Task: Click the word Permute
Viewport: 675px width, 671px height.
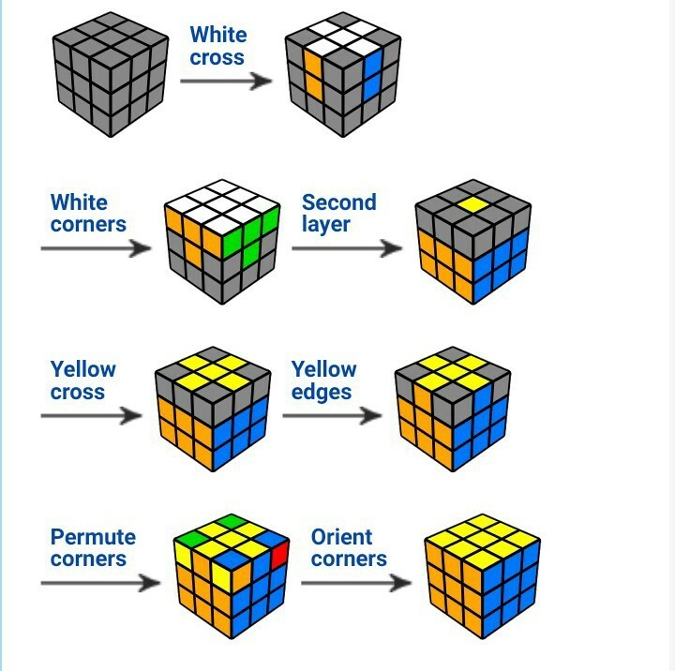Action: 93,538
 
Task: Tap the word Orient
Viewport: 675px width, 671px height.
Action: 341,538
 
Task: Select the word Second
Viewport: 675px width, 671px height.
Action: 338,202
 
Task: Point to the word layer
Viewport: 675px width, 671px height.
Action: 325,225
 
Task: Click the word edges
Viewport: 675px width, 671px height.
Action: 321,392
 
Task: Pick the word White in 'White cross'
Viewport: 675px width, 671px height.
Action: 218,36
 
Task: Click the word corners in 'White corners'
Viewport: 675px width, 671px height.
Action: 88,225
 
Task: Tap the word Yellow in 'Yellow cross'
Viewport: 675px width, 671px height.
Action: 83,369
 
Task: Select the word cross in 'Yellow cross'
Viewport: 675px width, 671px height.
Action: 78,392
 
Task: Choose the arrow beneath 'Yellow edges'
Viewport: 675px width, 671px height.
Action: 332,415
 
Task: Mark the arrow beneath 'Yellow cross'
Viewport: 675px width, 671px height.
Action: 90,415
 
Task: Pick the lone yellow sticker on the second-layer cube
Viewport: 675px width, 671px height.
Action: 472,201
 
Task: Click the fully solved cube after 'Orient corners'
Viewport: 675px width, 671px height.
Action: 482,573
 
